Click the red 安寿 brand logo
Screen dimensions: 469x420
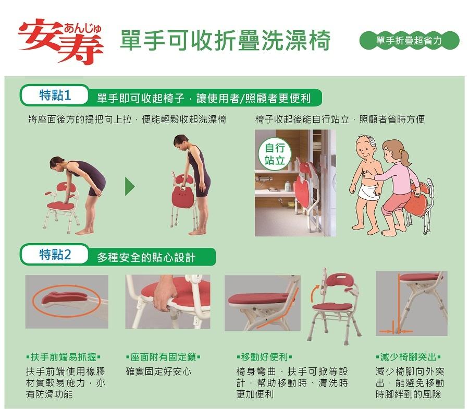click(61, 41)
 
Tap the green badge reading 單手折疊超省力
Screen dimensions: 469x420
click(409, 41)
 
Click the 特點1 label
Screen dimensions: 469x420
click(55, 95)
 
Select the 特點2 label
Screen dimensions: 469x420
click(55, 255)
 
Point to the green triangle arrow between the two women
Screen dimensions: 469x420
click(130, 186)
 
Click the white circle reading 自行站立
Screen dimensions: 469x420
click(274, 154)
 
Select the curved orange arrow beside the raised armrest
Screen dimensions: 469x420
click(313, 294)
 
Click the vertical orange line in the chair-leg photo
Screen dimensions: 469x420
click(399, 302)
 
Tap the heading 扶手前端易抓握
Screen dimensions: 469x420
click(64, 357)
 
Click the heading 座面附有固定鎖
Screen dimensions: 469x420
click(163, 357)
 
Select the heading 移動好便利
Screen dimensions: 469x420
click(264, 357)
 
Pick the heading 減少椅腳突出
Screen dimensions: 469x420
click(408, 357)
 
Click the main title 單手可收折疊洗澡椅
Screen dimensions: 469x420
click(225, 40)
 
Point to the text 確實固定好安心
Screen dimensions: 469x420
click(158, 371)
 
